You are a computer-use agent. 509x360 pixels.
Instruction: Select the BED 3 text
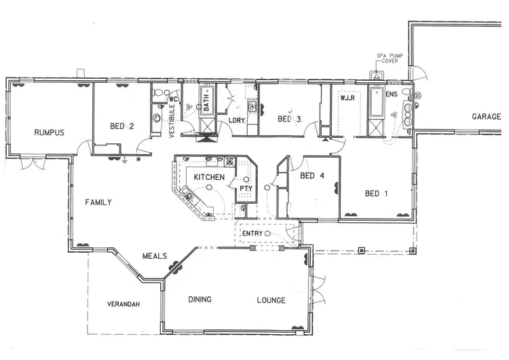[x=289, y=120]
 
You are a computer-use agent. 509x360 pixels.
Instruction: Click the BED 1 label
[x=376, y=194]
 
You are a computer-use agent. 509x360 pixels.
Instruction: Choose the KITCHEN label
[x=209, y=177]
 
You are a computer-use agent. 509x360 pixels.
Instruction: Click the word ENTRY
[x=252, y=234]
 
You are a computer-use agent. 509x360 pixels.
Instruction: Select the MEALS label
[x=155, y=256]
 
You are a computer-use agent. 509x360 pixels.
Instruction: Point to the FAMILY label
[x=98, y=202]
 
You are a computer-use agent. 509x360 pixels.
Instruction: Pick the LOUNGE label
[x=271, y=300]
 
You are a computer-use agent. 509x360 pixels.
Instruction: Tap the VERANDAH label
[x=124, y=304]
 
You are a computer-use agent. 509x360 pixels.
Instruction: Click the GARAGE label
[x=487, y=117]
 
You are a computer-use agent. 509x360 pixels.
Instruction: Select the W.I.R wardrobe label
[x=349, y=98]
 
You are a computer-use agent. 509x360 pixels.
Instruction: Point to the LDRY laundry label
[x=237, y=120]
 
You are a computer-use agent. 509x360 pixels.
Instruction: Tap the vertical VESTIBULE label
[x=172, y=116]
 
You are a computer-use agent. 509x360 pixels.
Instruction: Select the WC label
[x=172, y=99]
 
